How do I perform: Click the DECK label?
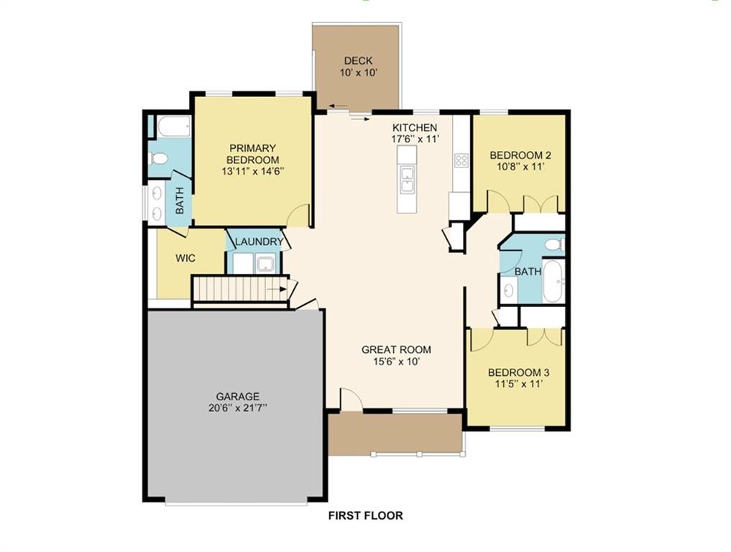tap(357, 61)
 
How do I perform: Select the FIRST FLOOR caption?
tap(365, 515)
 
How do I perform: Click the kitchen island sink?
tap(407, 180)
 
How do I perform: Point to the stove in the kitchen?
tap(461, 161)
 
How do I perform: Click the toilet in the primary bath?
tap(159, 159)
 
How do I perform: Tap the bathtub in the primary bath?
tap(173, 127)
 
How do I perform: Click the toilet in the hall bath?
tap(554, 245)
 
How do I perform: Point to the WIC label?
tap(185, 258)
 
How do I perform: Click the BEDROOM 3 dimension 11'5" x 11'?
tap(518, 385)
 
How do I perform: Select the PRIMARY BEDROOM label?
tap(252, 154)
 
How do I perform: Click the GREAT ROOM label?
tap(396, 350)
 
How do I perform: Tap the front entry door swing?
tap(351, 400)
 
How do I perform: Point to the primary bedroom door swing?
tap(298, 215)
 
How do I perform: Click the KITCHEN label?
tap(414, 127)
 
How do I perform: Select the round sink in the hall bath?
tap(509, 290)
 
